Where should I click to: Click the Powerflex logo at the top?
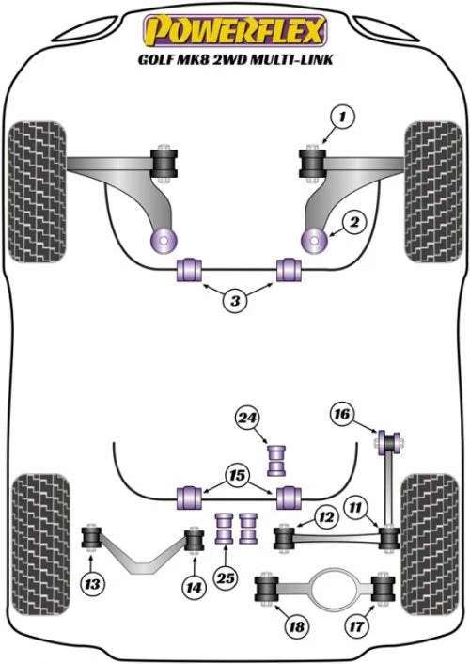235,30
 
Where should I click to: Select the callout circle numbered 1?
342,117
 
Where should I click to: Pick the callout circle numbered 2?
354,222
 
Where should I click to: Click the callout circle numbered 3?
235,301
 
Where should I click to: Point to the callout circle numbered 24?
247,419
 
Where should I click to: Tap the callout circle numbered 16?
342,414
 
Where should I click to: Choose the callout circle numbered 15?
238,475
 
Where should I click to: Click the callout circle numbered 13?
92,585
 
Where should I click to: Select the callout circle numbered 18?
296,626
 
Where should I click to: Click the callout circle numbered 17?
356,625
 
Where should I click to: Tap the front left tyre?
38,192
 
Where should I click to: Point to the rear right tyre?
430,545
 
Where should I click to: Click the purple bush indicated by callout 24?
276,460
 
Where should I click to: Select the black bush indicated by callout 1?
313,164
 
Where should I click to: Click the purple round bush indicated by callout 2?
314,241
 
